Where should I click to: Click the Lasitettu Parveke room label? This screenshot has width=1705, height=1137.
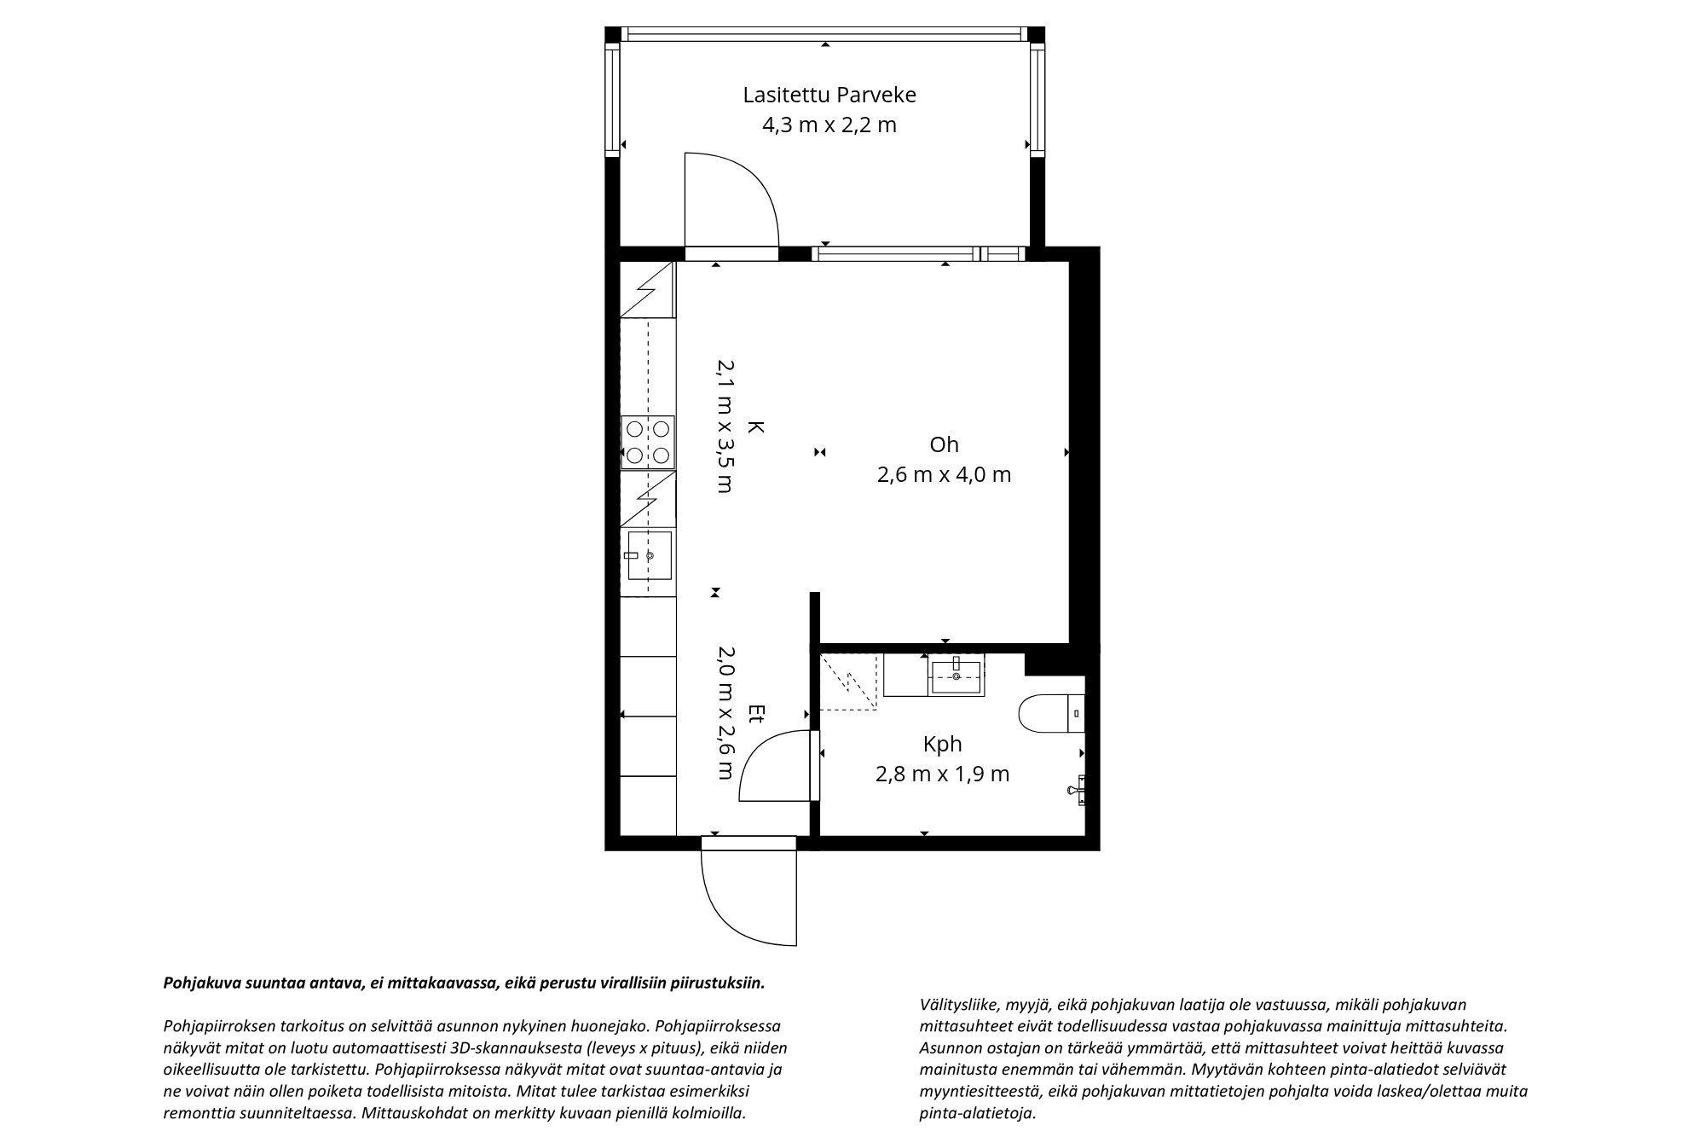pos(829,95)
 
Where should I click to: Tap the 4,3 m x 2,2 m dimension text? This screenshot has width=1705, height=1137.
pos(829,125)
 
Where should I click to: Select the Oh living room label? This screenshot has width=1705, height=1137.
pos(944,444)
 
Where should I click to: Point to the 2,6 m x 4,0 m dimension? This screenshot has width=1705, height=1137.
pos(944,474)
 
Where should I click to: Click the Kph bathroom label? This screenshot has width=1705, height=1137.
pos(942,744)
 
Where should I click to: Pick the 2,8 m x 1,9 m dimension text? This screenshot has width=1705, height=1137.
pos(942,774)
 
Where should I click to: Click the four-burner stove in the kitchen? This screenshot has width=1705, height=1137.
pos(648,443)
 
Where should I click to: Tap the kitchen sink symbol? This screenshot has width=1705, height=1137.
pos(649,555)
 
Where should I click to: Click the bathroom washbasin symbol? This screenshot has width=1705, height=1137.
pos(957,675)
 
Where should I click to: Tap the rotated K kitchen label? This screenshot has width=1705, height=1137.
pos(755,426)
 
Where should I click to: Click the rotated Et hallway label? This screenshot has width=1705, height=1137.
pos(755,714)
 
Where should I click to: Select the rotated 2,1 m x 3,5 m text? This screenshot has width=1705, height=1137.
pos(725,426)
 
